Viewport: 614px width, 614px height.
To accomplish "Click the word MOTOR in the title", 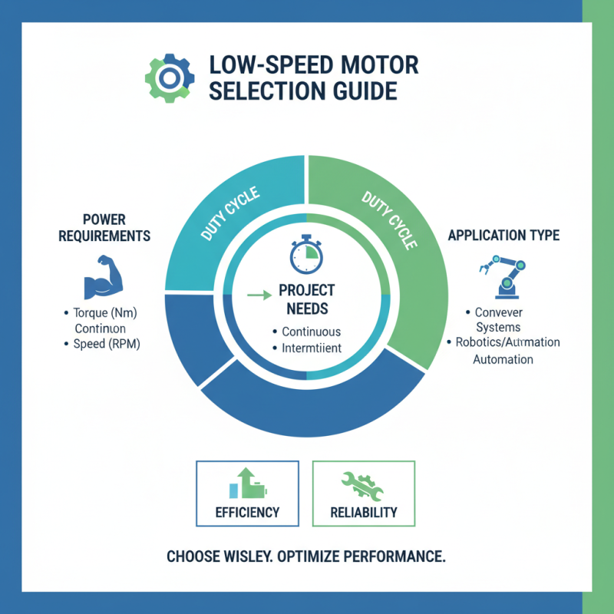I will coord(375,64).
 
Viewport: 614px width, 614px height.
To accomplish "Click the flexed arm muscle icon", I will coord(102,277).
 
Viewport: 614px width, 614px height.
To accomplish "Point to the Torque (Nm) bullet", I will coord(103,313).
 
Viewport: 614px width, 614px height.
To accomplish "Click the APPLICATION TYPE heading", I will coord(503,235).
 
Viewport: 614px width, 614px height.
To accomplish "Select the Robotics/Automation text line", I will coord(507,342).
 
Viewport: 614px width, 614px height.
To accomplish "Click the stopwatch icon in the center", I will coord(305,255).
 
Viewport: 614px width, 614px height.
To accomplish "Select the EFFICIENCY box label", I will coord(248,512).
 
